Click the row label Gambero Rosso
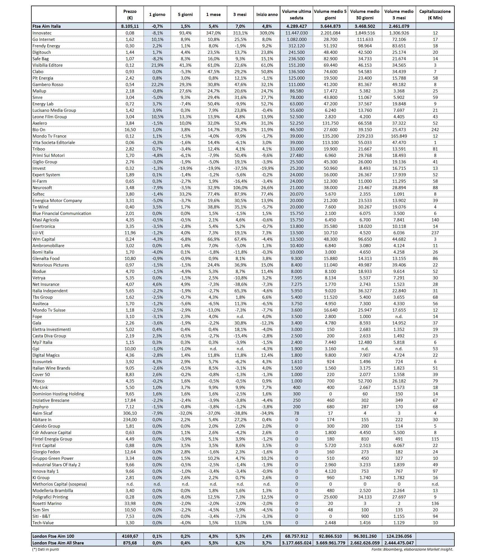[x=48, y=85]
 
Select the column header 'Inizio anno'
[x=267, y=15]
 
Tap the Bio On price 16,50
[x=130, y=130]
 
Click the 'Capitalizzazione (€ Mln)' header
[x=435, y=15]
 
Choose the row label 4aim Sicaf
[x=43, y=413]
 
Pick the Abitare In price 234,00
[x=130, y=420]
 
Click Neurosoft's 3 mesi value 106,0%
[x=240, y=188]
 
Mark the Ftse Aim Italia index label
[x=46, y=26]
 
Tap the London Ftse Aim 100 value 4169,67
[x=130, y=536]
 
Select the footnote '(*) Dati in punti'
[x=46, y=549]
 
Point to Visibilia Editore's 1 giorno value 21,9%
[x=157, y=65]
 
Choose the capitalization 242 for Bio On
[x=435, y=130]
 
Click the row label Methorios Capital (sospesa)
[x=60, y=484]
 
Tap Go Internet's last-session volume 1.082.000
[x=297, y=40]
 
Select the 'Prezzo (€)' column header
[x=130, y=15]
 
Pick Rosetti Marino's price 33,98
[x=130, y=504]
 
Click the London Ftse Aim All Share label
[x=58, y=543]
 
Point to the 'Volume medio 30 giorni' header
[x=365, y=15]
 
